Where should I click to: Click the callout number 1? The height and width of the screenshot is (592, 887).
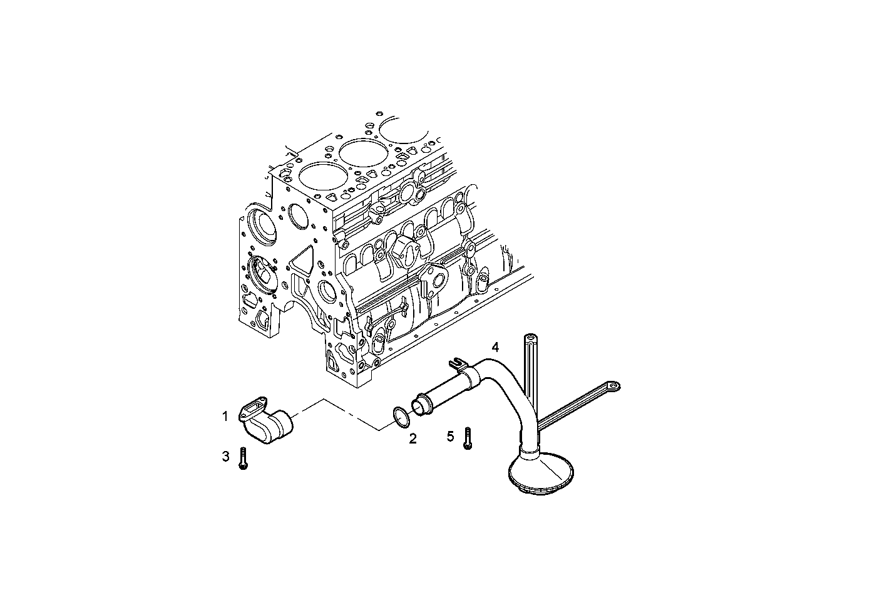(x=225, y=416)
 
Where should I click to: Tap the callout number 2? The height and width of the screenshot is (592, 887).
(x=413, y=439)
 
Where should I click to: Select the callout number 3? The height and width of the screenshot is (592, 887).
(x=225, y=457)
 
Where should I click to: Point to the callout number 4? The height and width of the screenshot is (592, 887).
(x=495, y=347)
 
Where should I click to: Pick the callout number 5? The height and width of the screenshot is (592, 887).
(x=450, y=436)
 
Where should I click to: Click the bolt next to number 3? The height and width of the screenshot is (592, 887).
(x=243, y=459)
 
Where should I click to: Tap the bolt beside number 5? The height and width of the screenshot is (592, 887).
(x=466, y=438)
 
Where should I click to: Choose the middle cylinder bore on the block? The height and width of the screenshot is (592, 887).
(x=361, y=150)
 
